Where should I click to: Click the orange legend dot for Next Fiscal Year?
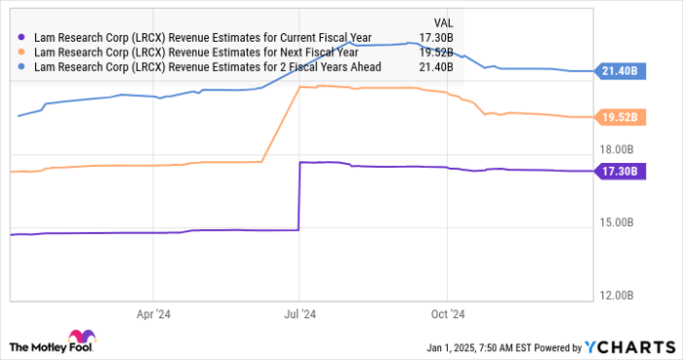pos(21,53)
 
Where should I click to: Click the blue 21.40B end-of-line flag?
pos(620,71)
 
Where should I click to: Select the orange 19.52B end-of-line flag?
pos(620,117)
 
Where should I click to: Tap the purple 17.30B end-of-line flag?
pos(620,172)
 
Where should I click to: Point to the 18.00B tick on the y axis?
pos(617,150)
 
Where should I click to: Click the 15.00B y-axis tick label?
pos(617,223)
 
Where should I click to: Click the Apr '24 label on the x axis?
pos(153,314)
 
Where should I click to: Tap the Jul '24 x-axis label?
pos(299,314)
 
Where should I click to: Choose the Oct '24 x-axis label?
pos(446,314)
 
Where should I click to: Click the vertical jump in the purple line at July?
pos(298,195)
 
